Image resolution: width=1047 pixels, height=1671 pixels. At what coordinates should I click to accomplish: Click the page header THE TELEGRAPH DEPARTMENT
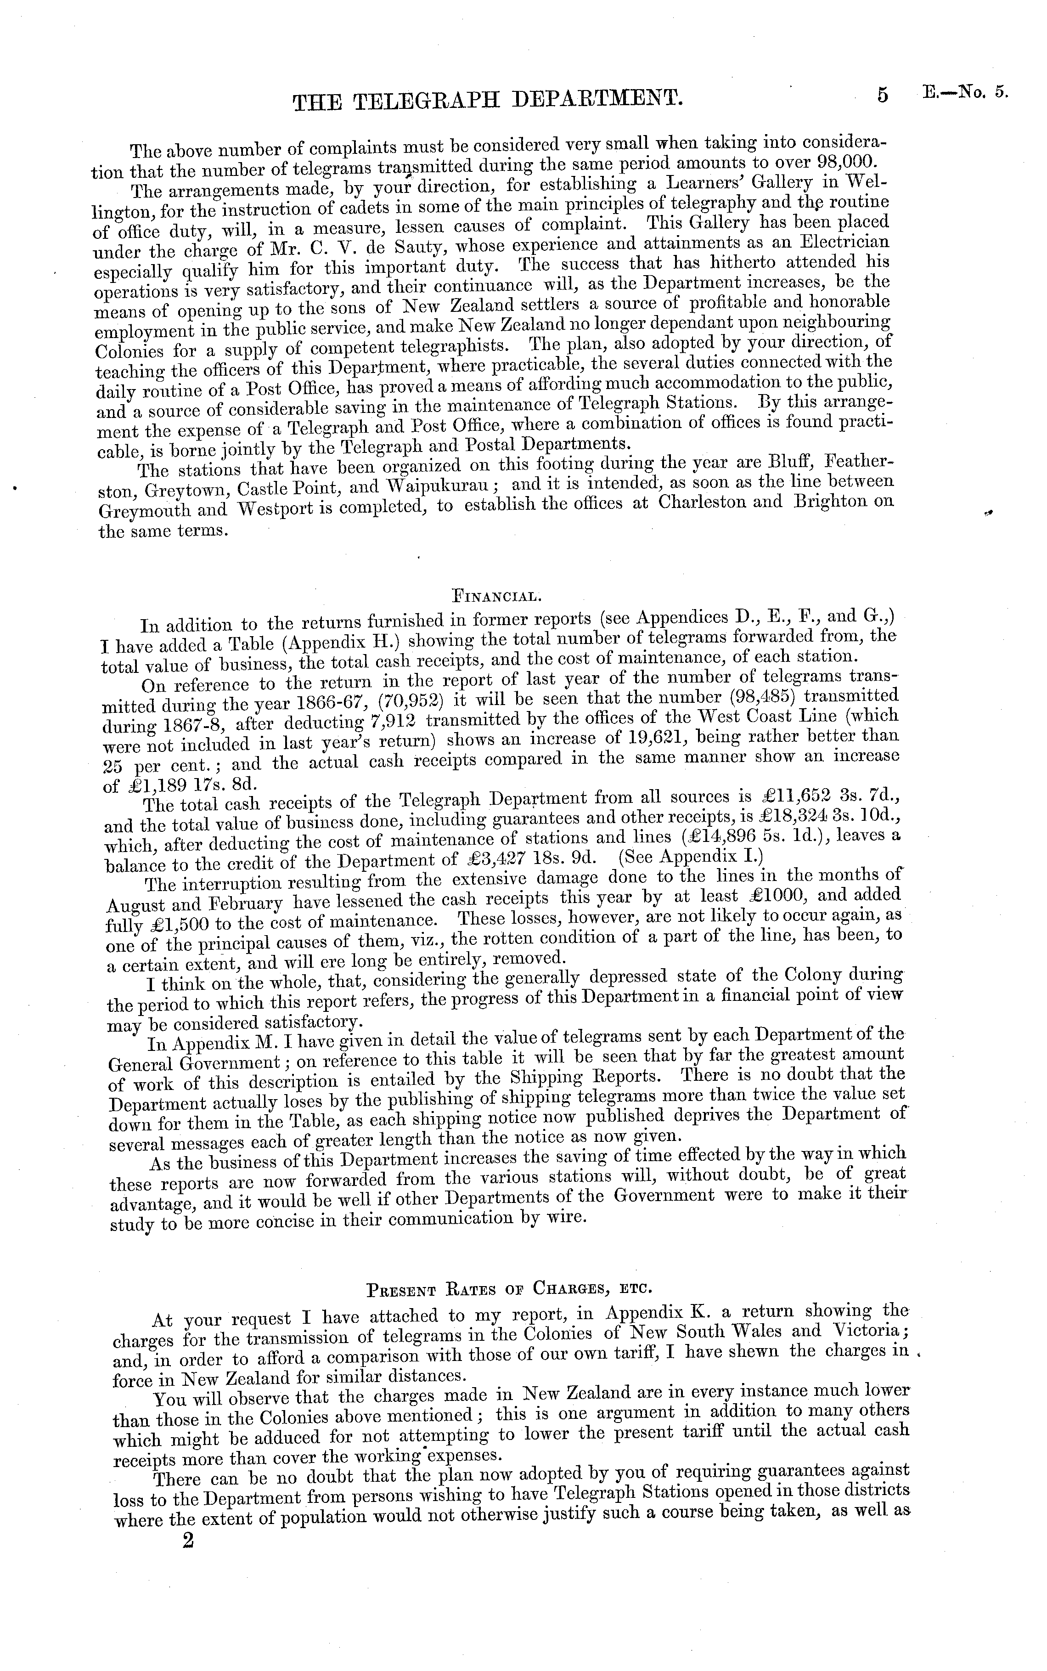click(x=488, y=101)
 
